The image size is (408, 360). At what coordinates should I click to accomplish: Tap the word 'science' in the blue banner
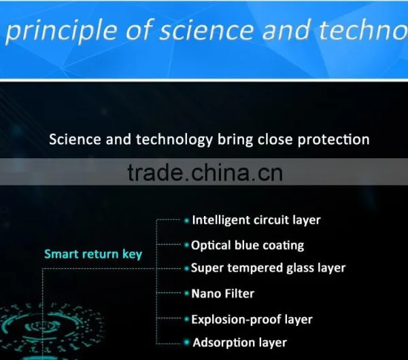tap(206, 30)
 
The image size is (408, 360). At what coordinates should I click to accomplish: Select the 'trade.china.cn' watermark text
tap(205, 173)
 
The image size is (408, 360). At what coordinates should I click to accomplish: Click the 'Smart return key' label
tap(93, 253)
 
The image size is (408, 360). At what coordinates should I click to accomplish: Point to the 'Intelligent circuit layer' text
tap(256, 220)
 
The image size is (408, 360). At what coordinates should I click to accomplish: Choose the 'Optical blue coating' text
tap(248, 245)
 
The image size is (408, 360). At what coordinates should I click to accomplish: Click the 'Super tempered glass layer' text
tap(269, 268)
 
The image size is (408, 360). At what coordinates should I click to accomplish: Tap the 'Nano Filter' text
tap(223, 293)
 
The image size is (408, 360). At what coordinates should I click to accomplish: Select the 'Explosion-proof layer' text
tap(252, 319)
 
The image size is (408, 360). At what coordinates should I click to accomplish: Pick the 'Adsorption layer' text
tap(239, 342)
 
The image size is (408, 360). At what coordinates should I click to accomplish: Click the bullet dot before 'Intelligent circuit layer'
tap(186, 221)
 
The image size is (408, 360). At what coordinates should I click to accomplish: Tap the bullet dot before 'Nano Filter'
tap(186, 293)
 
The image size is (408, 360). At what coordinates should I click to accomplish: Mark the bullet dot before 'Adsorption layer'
tap(186, 342)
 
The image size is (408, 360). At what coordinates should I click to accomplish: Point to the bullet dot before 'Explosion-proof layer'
tap(186, 319)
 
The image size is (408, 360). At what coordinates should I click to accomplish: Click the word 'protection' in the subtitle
tap(334, 140)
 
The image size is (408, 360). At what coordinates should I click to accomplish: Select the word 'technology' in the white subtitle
tap(174, 140)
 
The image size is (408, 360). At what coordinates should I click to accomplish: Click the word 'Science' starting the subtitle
tap(75, 139)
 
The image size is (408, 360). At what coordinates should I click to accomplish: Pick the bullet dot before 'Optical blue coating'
tap(186, 245)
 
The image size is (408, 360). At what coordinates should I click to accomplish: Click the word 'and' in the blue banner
tap(286, 30)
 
